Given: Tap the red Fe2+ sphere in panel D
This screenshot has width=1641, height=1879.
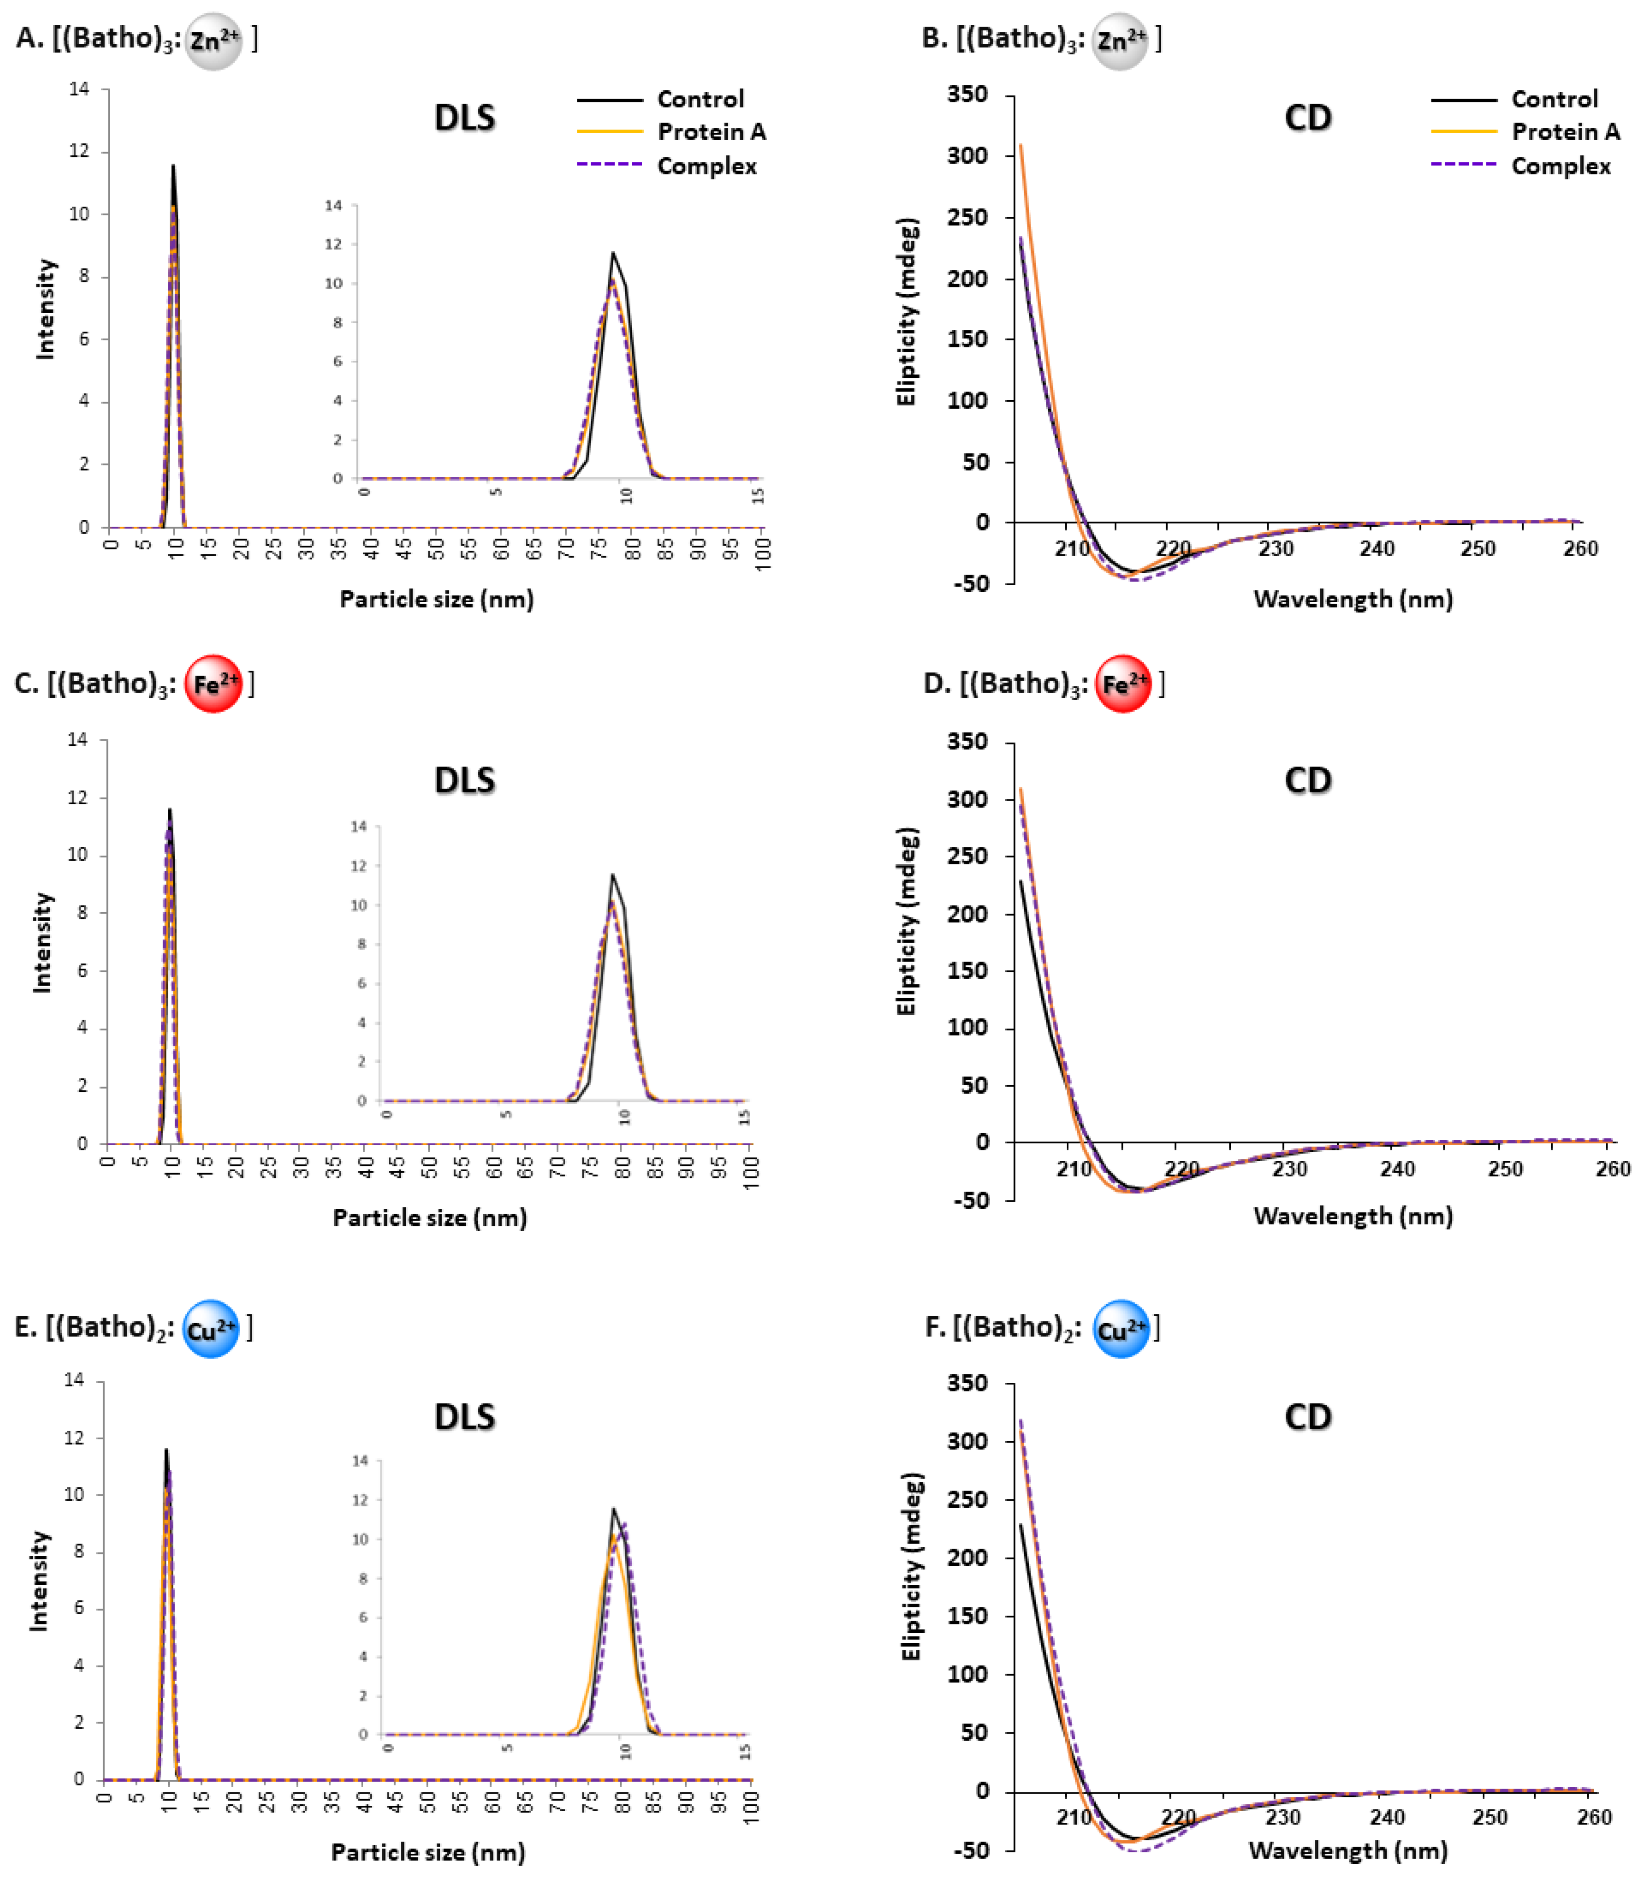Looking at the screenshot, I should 1123,684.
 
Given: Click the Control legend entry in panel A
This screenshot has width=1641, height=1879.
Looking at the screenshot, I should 700,99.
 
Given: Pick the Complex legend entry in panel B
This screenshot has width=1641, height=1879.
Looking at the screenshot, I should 1560,166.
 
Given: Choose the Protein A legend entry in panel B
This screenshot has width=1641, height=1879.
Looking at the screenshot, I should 1565,132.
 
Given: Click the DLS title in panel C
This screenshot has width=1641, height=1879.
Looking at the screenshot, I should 464,780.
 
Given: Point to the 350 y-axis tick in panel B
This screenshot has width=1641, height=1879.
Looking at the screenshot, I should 968,94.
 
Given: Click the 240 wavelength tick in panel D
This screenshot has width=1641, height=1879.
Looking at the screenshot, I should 1397,1169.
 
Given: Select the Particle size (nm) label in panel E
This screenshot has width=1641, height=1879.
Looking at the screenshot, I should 428,1852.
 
